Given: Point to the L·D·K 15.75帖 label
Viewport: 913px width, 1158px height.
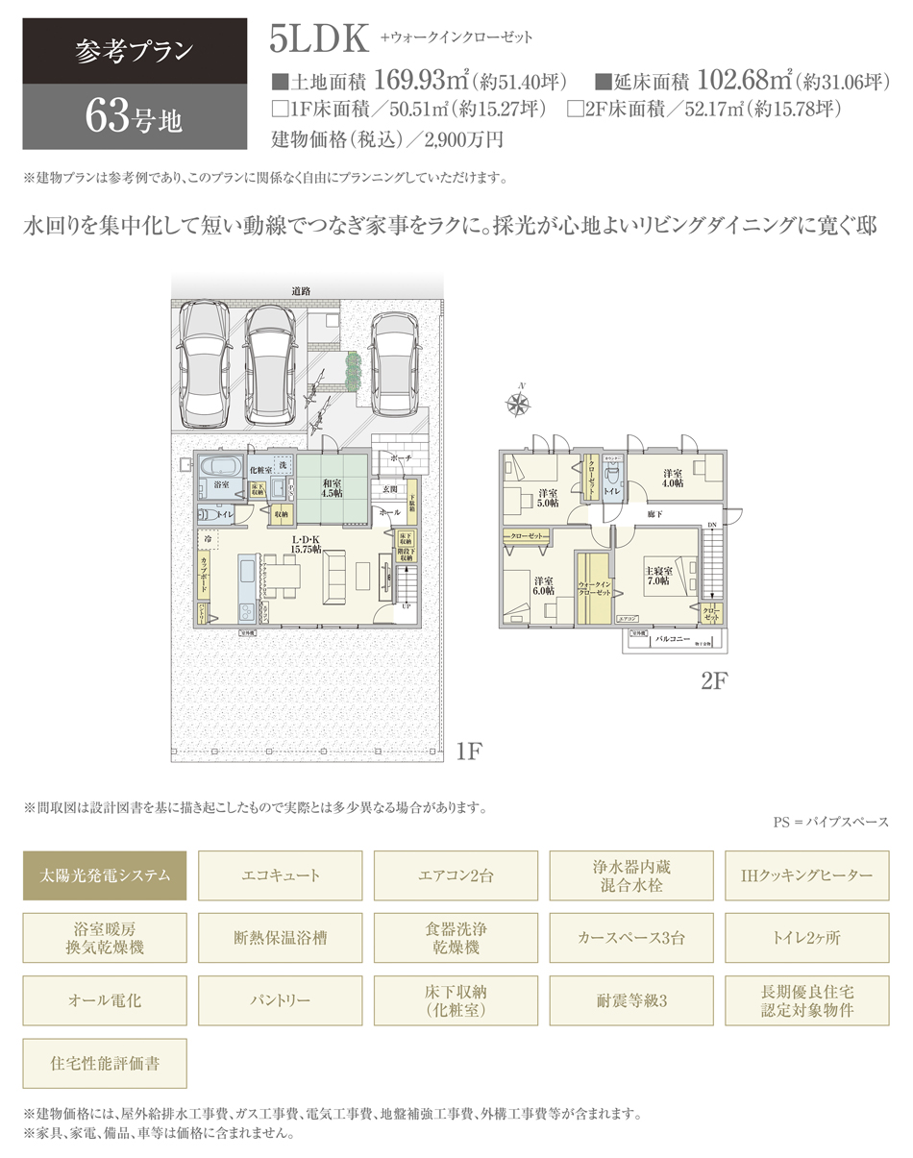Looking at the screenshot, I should point(307,544).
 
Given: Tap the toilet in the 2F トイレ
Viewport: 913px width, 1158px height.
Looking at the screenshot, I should point(612,474).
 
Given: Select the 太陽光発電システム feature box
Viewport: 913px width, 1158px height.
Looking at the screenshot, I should point(106,875).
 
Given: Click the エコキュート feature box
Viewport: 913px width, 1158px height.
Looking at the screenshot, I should point(281,875).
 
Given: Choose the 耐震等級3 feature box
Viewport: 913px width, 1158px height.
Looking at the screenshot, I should point(631,1000).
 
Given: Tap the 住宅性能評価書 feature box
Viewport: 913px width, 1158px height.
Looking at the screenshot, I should point(106,1063).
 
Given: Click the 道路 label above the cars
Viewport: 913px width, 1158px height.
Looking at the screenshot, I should point(302,291).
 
